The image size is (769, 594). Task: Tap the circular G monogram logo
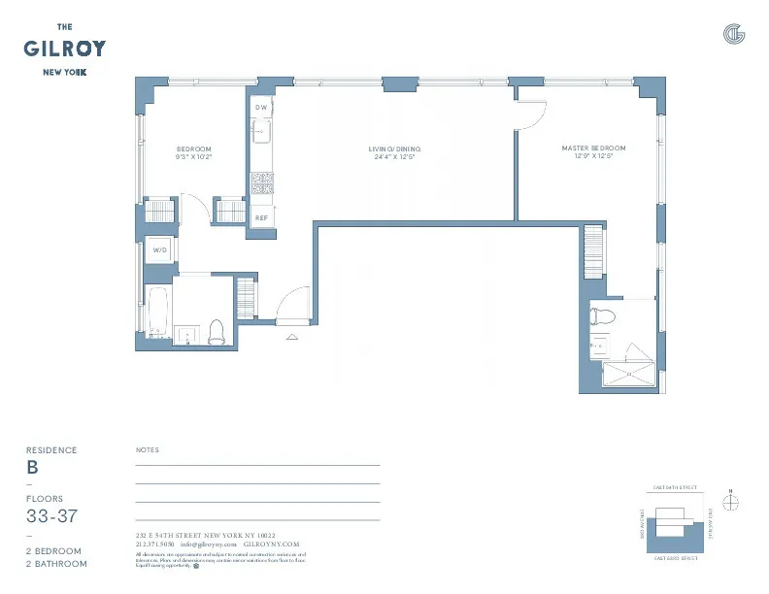click(x=734, y=35)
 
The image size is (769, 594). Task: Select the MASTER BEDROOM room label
click(x=593, y=148)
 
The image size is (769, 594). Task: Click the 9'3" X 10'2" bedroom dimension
click(x=193, y=156)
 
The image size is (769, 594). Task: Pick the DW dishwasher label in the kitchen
click(x=261, y=107)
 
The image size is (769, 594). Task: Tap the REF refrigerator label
click(x=261, y=218)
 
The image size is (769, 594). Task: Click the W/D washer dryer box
click(x=160, y=250)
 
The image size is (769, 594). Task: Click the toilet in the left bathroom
click(x=216, y=331)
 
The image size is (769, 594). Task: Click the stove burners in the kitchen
click(x=261, y=182)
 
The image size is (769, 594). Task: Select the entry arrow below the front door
click(x=292, y=337)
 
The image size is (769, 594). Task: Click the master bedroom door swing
click(x=531, y=115)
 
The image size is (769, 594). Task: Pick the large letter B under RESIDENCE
click(x=33, y=467)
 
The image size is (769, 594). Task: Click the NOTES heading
click(x=148, y=450)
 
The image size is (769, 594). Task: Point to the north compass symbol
click(x=731, y=501)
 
